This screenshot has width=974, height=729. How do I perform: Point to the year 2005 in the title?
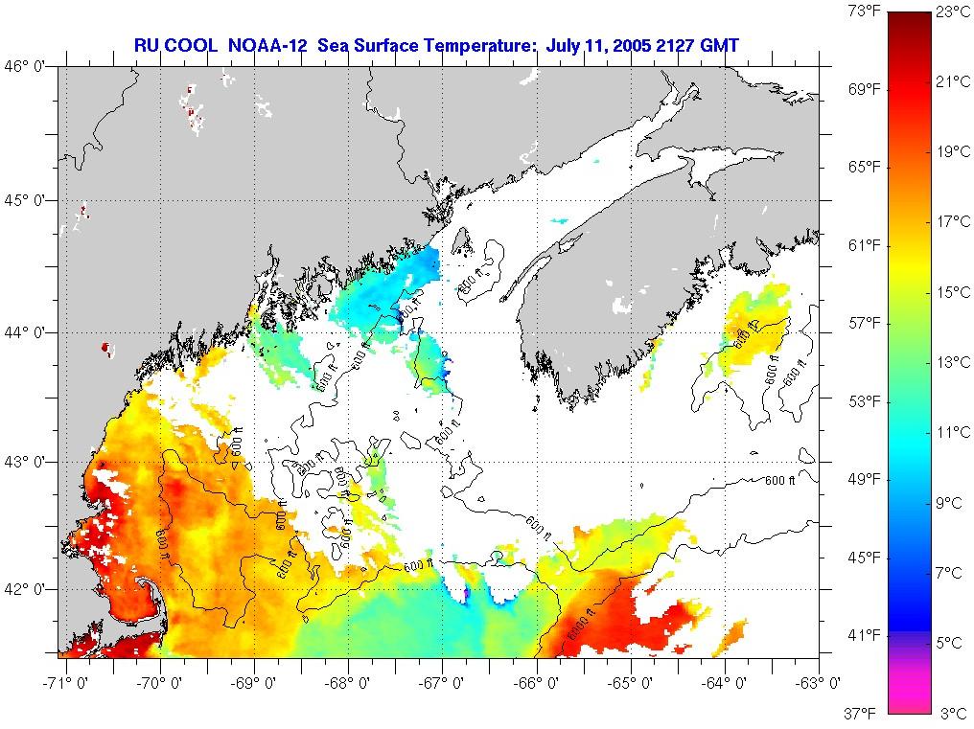(x=629, y=45)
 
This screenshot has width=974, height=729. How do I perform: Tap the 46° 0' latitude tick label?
(x=28, y=66)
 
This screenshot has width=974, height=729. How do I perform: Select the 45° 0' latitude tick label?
(x=28, y=200)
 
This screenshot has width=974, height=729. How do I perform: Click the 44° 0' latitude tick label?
(x=28, y=331)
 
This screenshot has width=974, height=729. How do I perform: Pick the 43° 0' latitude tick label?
(x=28, y=462)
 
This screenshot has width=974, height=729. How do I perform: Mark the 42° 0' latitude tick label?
(x=28, y=588)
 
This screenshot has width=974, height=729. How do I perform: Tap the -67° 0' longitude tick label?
(x=443, y=683)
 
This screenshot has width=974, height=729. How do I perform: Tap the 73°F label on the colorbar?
(x=863, y=12)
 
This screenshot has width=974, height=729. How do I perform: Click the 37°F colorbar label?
(x=863, y=713)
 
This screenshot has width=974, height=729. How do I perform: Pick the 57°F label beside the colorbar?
(x=863, y=323)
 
